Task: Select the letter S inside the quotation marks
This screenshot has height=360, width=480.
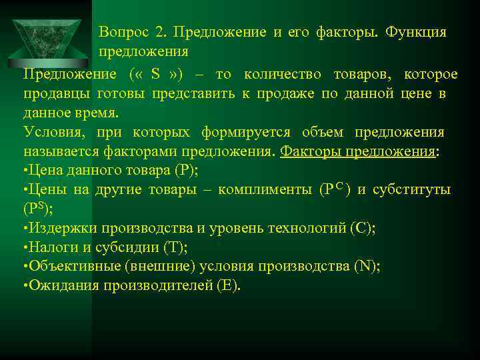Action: click(155, 74)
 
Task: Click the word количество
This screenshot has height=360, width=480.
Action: click(282, 74)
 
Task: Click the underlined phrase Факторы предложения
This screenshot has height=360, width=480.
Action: click(357, 151)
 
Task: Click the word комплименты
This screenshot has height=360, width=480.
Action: click(265, 190)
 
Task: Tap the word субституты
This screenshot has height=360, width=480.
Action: click(410, 190)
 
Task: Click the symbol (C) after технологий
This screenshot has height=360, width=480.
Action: click(361, 228)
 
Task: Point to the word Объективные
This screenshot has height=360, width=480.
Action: click(75, 267)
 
